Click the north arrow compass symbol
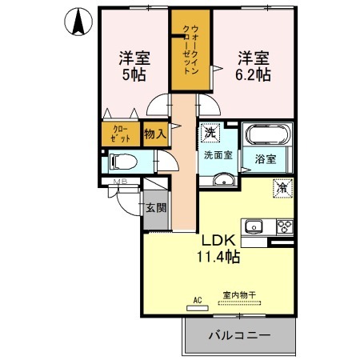point(78,22)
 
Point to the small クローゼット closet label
point(120,133)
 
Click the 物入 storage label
point(154,134)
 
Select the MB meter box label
point(120,182)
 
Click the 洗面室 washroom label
point(217,155)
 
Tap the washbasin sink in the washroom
point(217,178)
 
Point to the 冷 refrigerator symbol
point(282,188)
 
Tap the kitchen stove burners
point(283,224)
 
